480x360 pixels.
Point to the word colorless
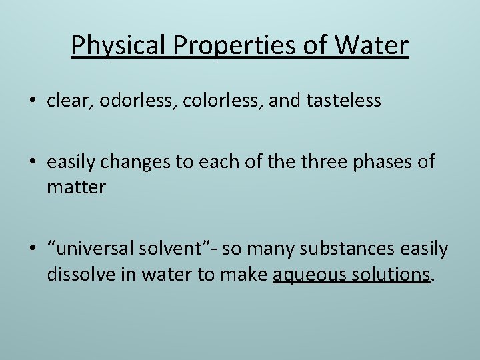click(x=203, y=101)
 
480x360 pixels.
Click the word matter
click(x=76, y=187)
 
